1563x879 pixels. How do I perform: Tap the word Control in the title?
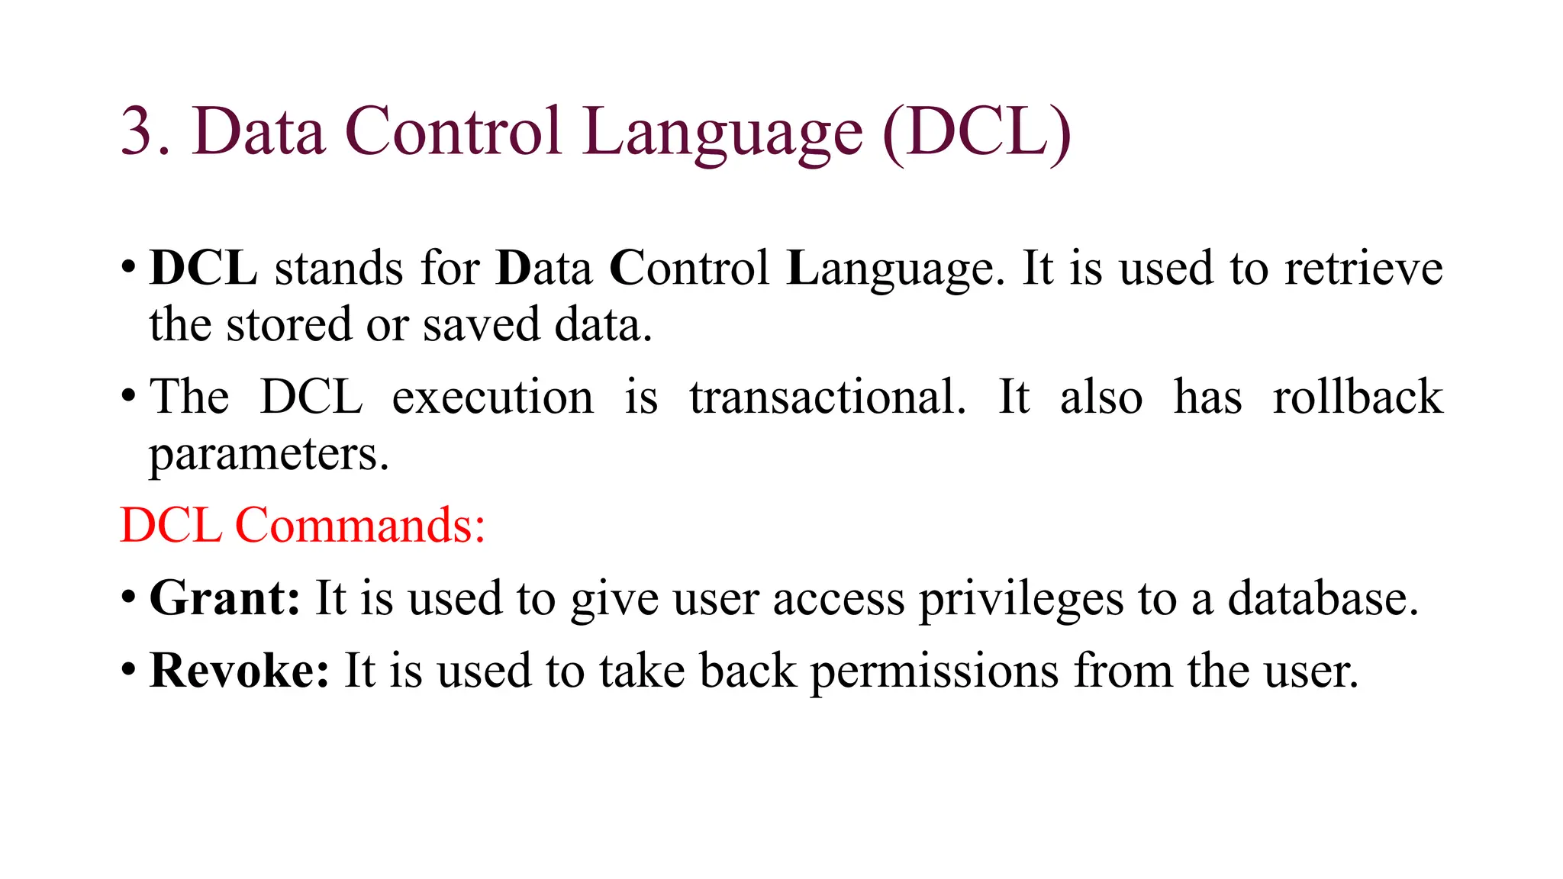click(455, 131)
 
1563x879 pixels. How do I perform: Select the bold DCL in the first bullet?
click(203, 269)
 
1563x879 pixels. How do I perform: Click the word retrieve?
click(1363, 269)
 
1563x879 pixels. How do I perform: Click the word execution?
click(492, 398)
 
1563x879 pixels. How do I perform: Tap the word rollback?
click(1358, 398)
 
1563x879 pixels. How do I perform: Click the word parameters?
click(269, 456)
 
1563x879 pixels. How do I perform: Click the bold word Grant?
click(225, 598)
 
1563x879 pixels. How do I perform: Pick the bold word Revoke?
click(239, 671)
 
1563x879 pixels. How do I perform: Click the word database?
click(1323, 598)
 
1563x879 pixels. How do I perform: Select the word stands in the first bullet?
click(339, 269)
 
